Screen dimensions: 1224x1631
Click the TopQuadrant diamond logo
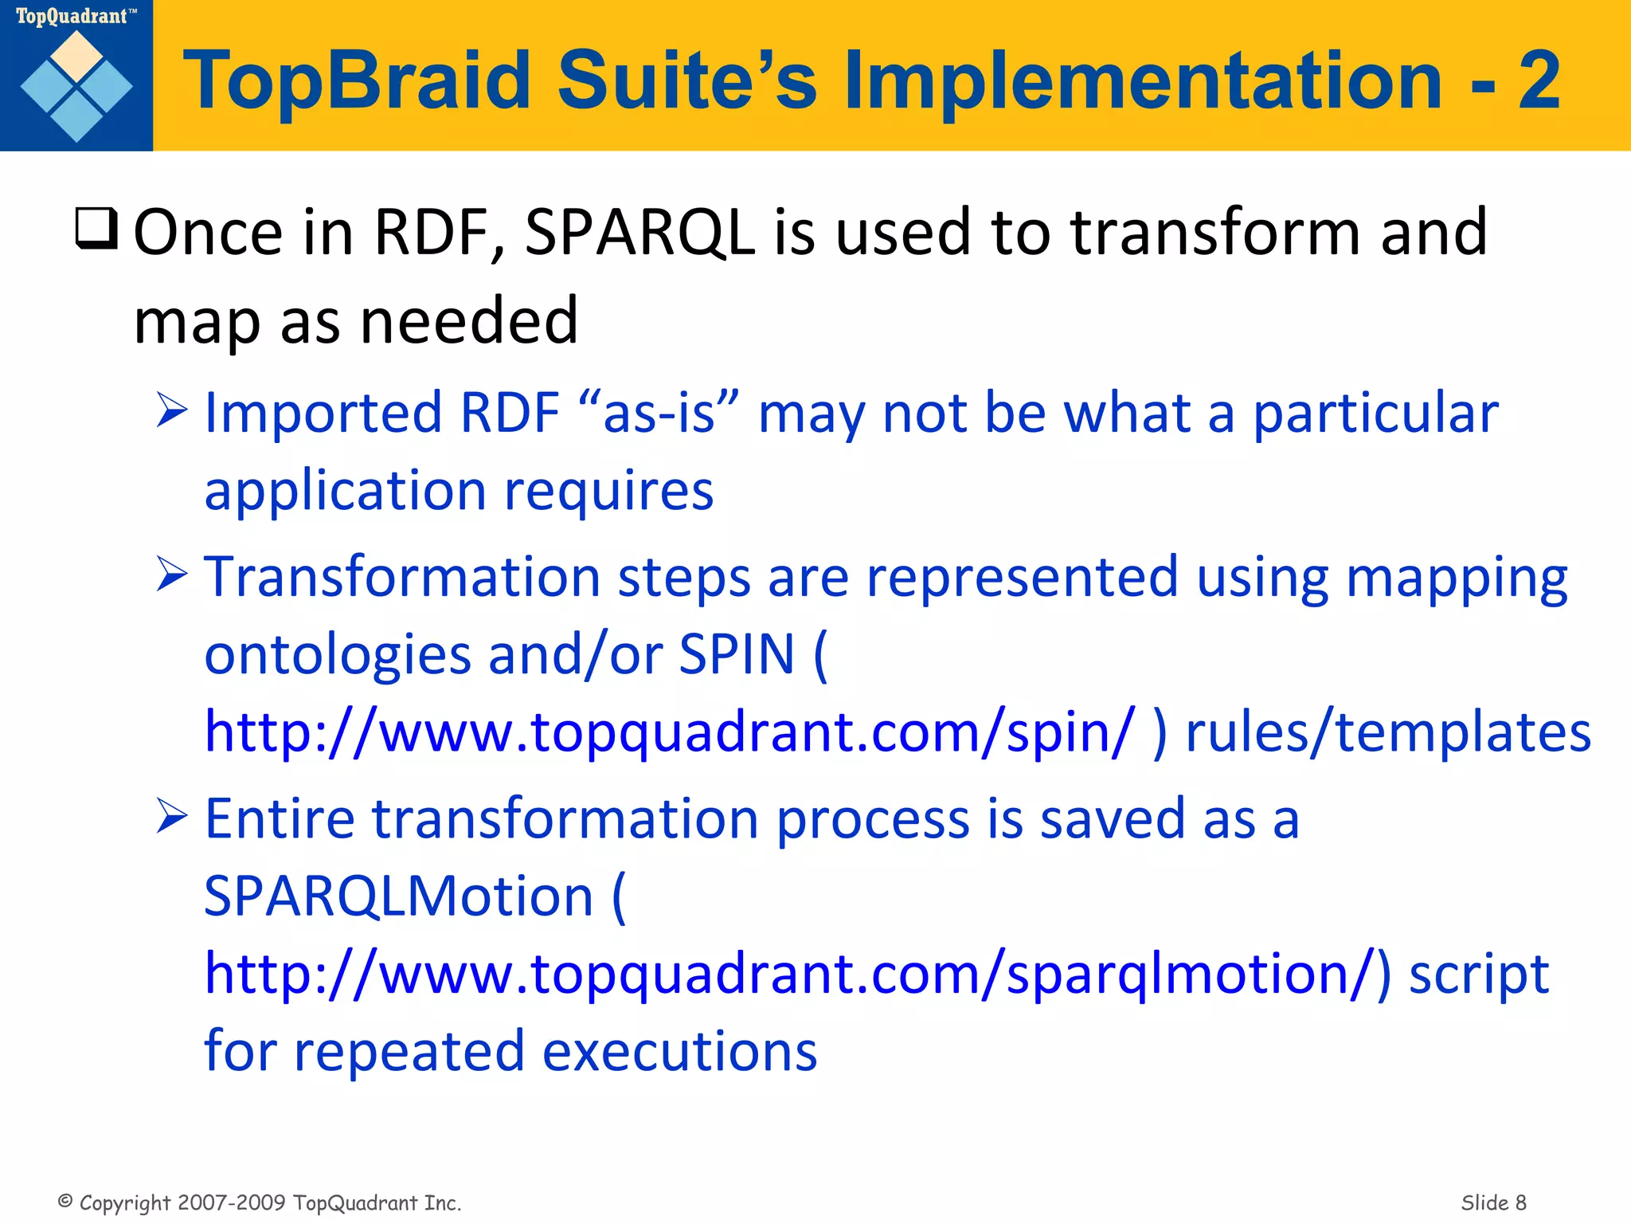coord(76,86)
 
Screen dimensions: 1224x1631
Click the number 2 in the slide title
coord(1538,80)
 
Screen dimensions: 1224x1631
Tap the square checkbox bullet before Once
coord(96,229)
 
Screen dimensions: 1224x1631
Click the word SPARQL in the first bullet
coord(640,232)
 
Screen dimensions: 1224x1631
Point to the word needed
coord(469,320)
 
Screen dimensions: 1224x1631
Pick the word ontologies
coord(338,654)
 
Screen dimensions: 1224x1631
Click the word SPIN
coord(737,654)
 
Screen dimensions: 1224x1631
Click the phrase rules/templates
coord(1388,732)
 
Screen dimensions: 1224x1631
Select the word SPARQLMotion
coord(399,896)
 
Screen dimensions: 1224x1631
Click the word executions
coord(679,1051)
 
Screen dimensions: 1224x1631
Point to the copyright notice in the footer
coord(260,1202)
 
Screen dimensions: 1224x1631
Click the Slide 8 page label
coord(1493,1202)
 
